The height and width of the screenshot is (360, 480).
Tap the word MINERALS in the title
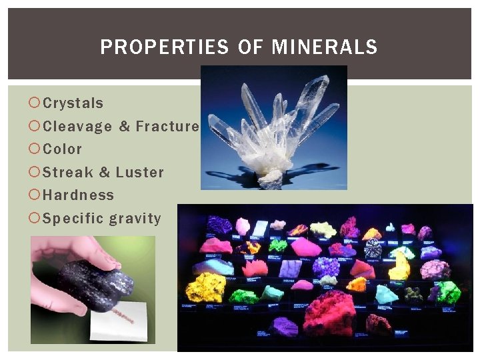325,47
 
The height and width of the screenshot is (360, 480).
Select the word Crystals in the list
73,103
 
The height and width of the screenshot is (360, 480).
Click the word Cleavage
77,126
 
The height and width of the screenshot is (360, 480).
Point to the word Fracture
167,126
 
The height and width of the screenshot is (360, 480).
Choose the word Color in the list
62,149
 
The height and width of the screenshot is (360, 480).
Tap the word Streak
67,172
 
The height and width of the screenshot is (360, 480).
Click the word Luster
139,172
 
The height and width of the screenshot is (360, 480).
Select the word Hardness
78,195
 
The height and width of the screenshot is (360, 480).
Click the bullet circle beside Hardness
35,195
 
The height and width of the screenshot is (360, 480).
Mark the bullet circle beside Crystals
35,103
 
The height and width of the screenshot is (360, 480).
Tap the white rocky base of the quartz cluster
270,177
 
